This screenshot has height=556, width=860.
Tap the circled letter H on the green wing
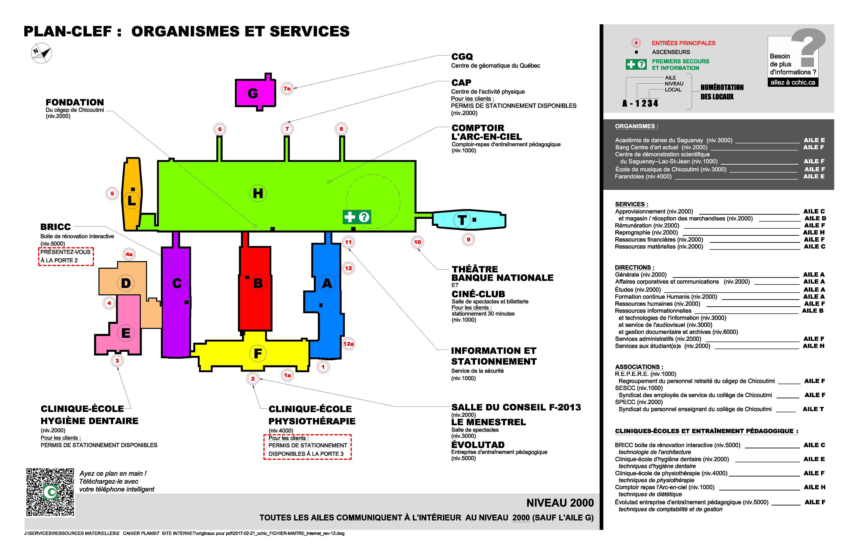(258, 194)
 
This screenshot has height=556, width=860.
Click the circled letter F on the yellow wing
(258, 353)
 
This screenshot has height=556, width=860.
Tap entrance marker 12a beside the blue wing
(348, 344)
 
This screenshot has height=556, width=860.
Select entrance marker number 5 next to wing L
(112, 194)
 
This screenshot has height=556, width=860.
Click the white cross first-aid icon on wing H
(349, 217)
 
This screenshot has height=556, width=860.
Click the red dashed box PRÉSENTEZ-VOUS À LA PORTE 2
(66, 256)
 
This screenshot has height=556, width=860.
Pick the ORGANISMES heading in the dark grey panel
(636, 126)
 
